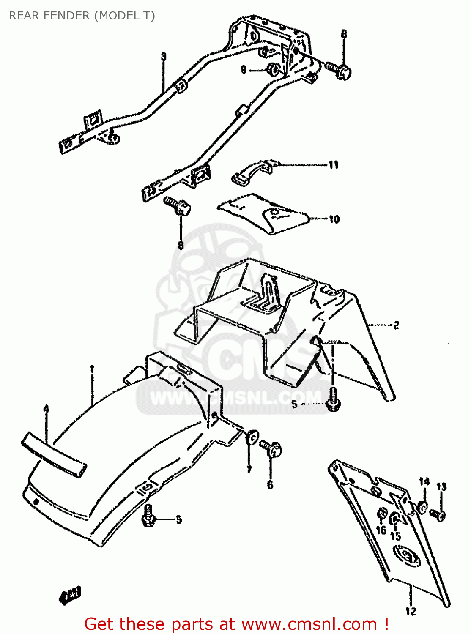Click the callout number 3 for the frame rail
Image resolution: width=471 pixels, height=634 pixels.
point(164,57)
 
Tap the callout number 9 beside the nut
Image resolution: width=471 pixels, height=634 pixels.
point(244,69)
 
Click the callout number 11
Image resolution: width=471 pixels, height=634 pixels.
point(334,165)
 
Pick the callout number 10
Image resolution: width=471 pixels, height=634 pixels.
point(334,219)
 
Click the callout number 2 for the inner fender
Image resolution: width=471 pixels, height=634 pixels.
point(396,325)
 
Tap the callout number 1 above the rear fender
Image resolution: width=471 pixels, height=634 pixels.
point(92,369)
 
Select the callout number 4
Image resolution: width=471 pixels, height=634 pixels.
point(46,409)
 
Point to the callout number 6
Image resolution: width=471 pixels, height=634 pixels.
point(270,485)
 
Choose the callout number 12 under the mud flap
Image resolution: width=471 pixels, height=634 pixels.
point(411,611)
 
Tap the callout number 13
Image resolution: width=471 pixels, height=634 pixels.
point(441,487)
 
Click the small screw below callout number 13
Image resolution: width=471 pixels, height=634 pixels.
point(437,515)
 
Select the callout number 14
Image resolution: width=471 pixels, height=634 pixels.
point(424,481)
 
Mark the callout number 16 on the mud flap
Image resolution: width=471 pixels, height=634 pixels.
point(381,530)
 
